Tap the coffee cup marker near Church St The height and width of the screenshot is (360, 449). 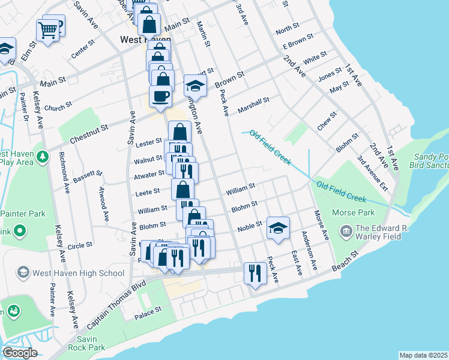pyautogui.click(x=160, y=96)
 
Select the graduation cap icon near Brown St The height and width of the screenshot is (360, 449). pyautogui.click(x=195, y=86)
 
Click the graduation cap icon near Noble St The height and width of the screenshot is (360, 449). pyautogui.click(x=278, y=228)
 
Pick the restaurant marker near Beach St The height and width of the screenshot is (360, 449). pyautogui.click(x=255, y=274)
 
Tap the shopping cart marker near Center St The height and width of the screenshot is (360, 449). pyautogui.click(x=47, y=29)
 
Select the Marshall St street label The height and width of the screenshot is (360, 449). pyautogui.click(x=253, y=104)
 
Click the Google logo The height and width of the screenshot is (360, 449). pyautogui.click(x=19, y=353)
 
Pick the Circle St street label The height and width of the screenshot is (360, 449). pyautogui.click(x=80, y=245)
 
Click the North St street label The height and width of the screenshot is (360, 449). pyautogui.click(x=287, y=29)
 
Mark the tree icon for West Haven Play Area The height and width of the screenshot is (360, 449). pyautogui.click(x=42, y=157)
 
